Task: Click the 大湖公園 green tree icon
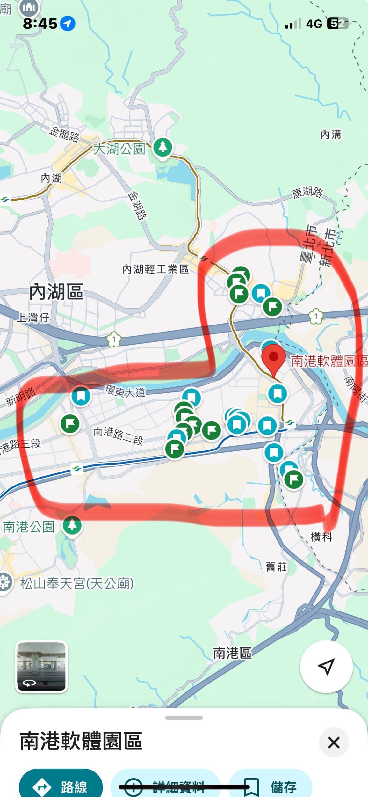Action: (162, 147)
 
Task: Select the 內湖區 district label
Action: (56, 292)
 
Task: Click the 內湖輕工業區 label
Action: (155, 269)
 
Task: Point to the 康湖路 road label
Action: (307, 193)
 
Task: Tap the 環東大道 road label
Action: (125, 391)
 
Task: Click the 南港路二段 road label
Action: (118, 435)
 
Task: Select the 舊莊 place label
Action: (276, 567)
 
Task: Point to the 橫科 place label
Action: (321, 537)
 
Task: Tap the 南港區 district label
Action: (232, 653)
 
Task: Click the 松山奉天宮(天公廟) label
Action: (77, 584)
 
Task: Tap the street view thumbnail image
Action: (41, 666)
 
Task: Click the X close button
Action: (334, 742)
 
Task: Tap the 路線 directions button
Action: (61, 787)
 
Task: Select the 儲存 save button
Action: (271, 787)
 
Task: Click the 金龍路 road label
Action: (64, 134)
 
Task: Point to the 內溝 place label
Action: (330, 135)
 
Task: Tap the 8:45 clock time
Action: (40, 24)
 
